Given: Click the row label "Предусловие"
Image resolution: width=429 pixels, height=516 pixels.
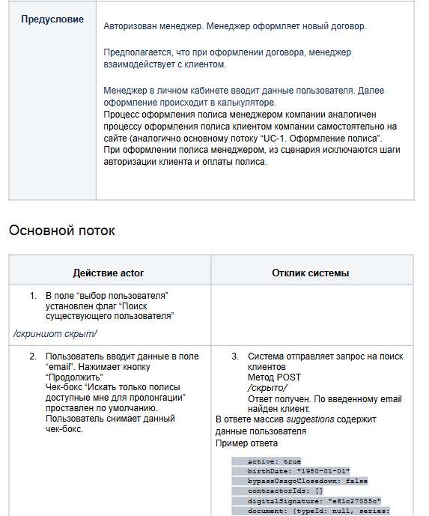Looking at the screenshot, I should (52, 19).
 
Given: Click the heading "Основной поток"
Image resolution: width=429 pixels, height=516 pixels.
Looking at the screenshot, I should (62, 230).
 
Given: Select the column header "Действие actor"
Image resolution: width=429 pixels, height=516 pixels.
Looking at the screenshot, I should (109, 273).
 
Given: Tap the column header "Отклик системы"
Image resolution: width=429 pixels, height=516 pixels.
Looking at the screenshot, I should (310, 273).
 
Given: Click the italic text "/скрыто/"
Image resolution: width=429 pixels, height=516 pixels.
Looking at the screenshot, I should (267, 388).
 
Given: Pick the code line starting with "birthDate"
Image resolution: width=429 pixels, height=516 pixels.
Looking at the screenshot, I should (296, 470).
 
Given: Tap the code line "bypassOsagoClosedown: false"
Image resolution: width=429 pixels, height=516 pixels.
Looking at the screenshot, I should (307, 481).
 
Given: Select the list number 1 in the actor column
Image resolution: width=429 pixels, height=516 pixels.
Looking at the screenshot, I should (33, 296).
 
